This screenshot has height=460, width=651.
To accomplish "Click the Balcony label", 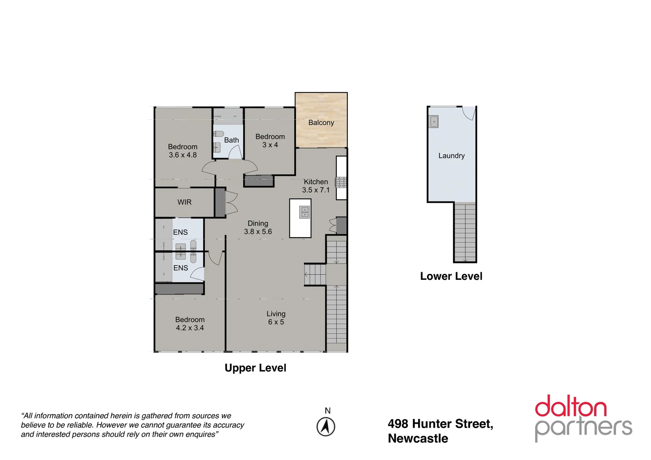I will tap(321, 123).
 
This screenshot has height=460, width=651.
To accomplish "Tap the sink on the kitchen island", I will tap(304, 212).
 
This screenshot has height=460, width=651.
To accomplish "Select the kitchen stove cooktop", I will tap(341, 183).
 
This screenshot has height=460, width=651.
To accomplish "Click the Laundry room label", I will tap(451, 156).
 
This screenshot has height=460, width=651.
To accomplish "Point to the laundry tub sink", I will tap(433, 122).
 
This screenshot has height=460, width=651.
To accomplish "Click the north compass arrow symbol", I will tap(326, 427).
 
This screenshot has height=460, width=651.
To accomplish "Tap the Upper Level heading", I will tap(255, 368).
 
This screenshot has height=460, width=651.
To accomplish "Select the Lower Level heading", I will tap(451, 276).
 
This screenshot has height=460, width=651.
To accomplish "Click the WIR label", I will tap(184, 202).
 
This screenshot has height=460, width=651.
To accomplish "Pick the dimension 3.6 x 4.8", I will tap(183, 155).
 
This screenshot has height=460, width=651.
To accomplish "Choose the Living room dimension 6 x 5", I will tap(276, 322).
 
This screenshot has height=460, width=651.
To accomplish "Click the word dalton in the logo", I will tap(571, 407).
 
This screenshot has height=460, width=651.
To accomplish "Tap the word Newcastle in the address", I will tap(418, 439).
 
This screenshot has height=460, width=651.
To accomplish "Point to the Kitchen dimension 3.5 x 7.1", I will tap(315, 190).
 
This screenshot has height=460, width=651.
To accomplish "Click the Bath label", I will tap(232, 140).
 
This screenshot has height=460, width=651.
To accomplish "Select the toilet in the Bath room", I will tap(218, 134).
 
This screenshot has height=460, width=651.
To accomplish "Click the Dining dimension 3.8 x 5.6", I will tap(258, 232).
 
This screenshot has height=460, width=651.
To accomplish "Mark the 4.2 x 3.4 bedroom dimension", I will tap(190, 328).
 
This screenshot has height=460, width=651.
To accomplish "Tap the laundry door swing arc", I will tap(469, 113).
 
